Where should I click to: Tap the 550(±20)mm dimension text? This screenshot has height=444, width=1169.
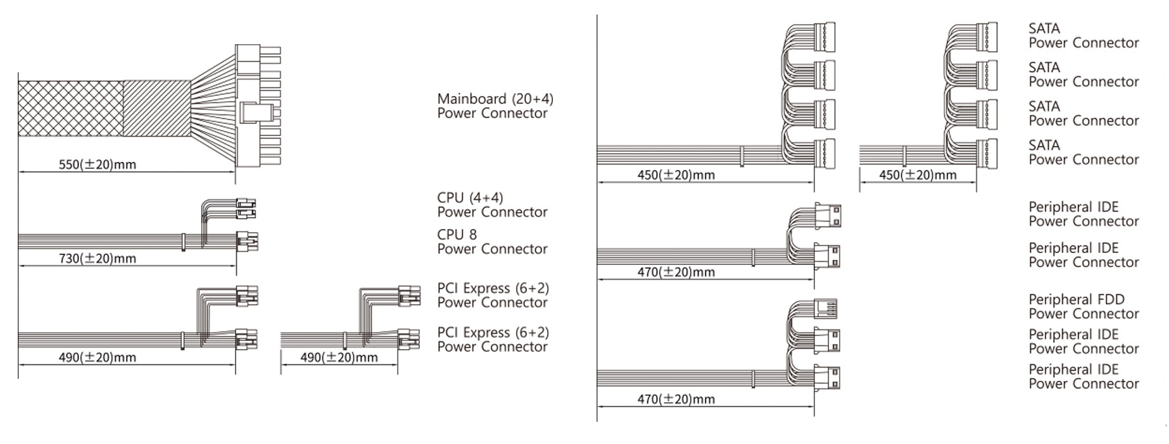97,165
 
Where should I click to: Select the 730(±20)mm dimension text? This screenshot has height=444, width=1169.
97,259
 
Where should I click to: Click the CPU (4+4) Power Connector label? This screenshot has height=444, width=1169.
492,205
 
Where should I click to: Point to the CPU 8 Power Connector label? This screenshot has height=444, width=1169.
492,242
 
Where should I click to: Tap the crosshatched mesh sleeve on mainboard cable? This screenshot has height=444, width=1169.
70,109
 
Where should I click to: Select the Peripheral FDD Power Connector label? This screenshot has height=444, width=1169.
1083,307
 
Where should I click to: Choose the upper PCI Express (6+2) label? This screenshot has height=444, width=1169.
493,295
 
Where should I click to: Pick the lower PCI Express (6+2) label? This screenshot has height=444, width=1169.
493,340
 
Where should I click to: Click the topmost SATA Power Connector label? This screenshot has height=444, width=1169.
1083,36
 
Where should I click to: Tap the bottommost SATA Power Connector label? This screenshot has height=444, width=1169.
1083,152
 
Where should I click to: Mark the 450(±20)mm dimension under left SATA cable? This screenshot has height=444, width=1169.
676,175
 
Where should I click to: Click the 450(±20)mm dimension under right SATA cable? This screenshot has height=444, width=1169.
918,175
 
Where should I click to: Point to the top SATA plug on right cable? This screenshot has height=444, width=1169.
986,37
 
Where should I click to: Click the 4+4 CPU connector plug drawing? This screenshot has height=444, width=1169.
246,209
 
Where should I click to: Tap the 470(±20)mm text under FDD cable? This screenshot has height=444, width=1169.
676,400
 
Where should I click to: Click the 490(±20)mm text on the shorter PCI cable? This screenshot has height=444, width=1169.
339,358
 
